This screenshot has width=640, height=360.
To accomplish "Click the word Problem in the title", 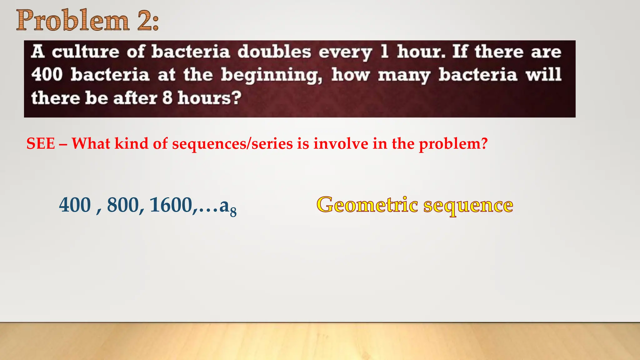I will tap(72, 21).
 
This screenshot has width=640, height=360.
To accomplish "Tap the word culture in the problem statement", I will tap(85, 52).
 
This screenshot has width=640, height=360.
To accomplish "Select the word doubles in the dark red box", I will tap(274, 52).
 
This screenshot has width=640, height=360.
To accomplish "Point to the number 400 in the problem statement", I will tap(47, 75).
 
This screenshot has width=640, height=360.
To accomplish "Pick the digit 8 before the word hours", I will tap(167, 98).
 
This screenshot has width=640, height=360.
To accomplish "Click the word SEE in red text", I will tap(41, 144).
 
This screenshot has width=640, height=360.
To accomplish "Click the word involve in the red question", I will tap(341, 144).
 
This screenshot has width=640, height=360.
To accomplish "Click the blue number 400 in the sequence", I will tap(75, 205).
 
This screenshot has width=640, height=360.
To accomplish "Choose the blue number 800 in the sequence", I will tap(123, 205).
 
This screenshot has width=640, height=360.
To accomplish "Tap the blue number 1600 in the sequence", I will tap(171, 205).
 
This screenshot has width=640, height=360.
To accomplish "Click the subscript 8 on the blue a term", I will tap(233, 212).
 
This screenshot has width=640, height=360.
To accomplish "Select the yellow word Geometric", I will tap(367, 205).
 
